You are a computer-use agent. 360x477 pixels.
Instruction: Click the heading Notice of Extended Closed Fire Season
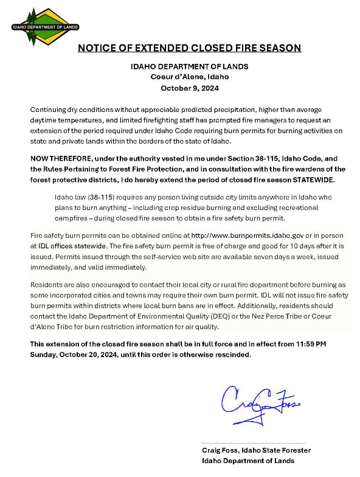[x=189, y=47]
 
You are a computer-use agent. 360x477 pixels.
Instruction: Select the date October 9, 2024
[x=189, y=88]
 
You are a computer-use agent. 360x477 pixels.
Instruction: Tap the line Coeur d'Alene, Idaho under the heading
[x=189, y=77]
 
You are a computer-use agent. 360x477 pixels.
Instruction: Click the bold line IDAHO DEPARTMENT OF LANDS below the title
[x=189, y=66]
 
